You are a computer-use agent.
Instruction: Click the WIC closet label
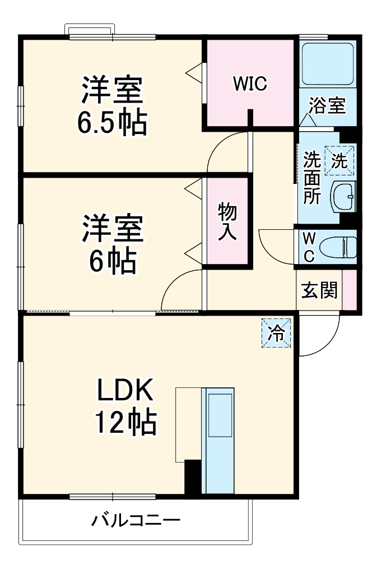coord(250,84)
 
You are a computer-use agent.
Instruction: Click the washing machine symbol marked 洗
coord(341,160)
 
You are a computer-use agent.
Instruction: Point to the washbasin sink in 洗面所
coord(343,196)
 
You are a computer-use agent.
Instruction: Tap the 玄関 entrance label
coord(319,290)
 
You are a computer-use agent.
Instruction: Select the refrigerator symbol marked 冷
coord(276,333)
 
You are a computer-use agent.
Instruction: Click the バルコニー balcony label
coord(136,521)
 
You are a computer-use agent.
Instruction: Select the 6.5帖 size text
coord(112,122)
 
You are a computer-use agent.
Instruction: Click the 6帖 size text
coord(112,260)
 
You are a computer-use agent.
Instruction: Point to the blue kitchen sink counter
coord(218,440)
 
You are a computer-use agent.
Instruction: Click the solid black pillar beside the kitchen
coord(193,477)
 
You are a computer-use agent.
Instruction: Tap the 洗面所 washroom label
coord(311,178)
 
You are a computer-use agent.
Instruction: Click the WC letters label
coord(309,247)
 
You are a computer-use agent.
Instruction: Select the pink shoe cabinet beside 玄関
coord(349,289)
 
